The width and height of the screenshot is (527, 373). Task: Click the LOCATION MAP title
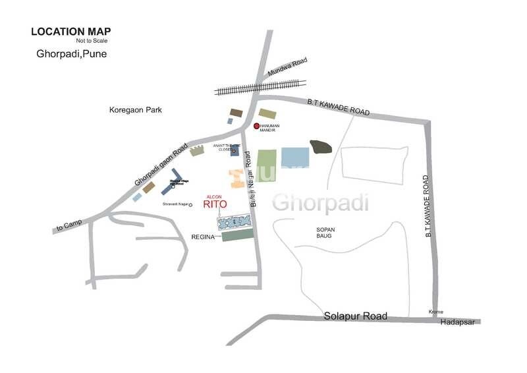71,31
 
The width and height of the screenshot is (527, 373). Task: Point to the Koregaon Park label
136,110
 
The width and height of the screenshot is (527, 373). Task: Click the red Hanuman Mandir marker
256,126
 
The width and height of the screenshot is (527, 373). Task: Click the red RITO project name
215,204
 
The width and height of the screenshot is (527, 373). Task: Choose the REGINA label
204,236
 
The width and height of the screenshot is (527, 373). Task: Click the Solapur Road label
356,316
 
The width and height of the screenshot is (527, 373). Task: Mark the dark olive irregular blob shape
321,146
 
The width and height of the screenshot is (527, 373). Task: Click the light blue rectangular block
295,157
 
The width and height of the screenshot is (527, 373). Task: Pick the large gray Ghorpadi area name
321,203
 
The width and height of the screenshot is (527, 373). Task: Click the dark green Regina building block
238,235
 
